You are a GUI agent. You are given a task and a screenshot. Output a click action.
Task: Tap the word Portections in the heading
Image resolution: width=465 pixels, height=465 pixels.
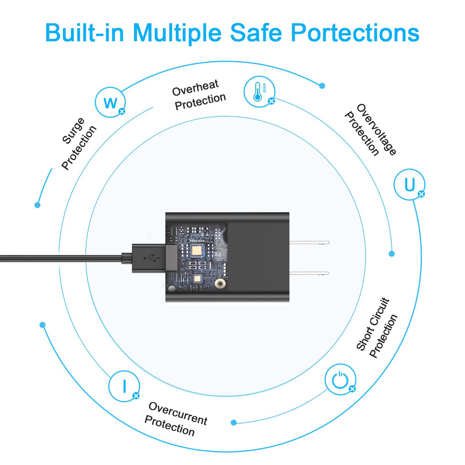(x=355, y=32)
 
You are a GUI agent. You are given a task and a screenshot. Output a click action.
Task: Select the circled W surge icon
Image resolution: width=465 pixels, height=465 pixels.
(x=110, y=102)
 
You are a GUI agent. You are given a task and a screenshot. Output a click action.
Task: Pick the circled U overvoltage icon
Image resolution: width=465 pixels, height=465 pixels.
(x=410, y=184)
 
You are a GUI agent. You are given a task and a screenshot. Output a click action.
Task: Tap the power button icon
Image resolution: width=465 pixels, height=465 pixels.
(x=340, y=379)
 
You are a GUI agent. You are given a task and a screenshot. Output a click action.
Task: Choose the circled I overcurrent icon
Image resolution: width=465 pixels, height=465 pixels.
(x=124, y=386)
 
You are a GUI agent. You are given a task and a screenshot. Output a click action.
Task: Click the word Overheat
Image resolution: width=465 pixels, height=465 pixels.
(x=195, y=88)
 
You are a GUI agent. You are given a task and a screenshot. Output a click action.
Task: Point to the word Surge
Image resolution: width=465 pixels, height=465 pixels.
(x=73, y=131)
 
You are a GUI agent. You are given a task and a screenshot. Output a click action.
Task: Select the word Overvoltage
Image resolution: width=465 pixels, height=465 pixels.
(x=376, y=129)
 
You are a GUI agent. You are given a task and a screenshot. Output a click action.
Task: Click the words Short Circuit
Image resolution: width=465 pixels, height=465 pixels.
(x=372, y=324)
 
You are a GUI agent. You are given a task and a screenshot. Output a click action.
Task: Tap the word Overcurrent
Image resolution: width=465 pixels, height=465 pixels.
(x=178, y=413)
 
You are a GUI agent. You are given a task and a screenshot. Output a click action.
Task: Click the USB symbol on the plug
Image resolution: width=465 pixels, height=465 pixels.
(x=152, y=258)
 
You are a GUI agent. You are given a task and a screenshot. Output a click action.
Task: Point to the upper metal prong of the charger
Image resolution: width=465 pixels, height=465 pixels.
(x=309, y=242)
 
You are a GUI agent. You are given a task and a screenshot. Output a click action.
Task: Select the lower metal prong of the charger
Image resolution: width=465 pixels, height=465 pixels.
(x=309, y=273)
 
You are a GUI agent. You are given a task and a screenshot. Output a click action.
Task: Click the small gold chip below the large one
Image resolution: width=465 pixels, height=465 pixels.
(x=197, y=278)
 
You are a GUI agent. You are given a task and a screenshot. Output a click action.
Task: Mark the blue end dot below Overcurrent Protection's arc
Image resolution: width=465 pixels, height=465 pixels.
(x=234, y=423)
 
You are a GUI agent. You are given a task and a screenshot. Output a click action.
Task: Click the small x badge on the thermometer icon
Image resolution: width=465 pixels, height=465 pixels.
(x=271, y=101)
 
